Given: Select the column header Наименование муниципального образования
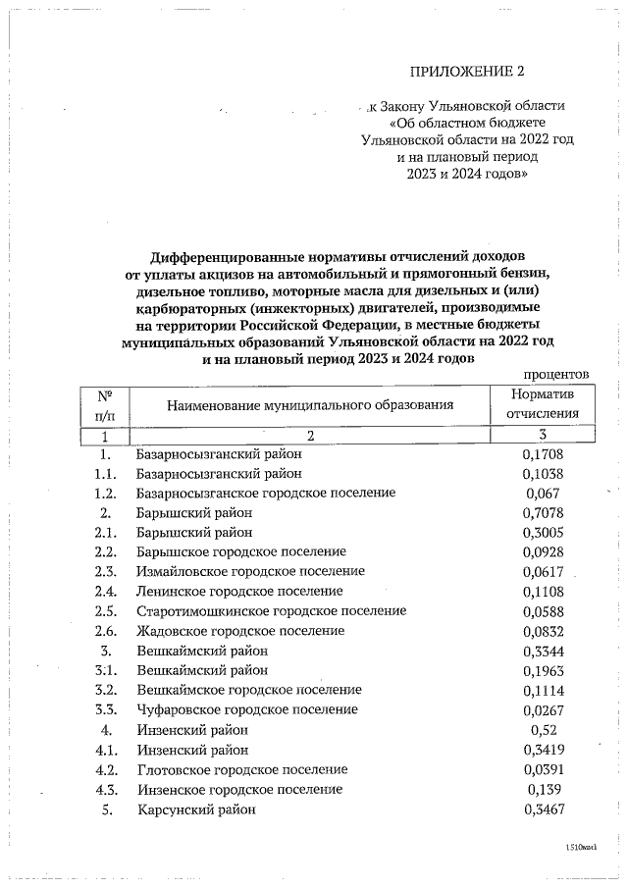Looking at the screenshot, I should click(309, 404).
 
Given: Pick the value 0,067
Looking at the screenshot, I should click(542, 493).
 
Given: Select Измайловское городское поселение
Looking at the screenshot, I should click(250, 571).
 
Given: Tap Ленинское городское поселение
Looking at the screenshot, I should click(239, 591).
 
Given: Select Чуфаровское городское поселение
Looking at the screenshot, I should click(247, 709).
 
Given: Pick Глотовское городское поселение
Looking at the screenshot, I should click(242, 769).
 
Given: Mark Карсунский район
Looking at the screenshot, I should click(196, 810).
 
